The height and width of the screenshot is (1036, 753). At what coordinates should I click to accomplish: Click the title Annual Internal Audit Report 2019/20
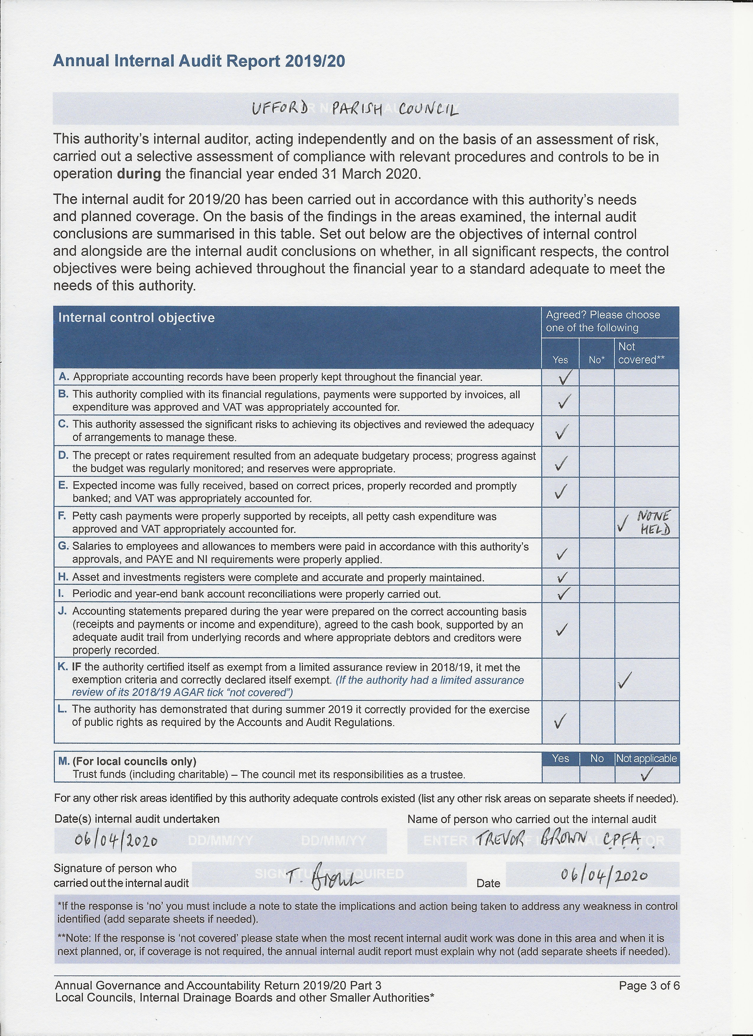tap(199, 61)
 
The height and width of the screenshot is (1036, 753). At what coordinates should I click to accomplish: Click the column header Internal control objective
tap(136, 318)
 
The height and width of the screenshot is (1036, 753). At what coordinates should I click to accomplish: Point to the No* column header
tap(596, 360)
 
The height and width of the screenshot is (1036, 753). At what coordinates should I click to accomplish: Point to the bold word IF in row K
tap(77, 667)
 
